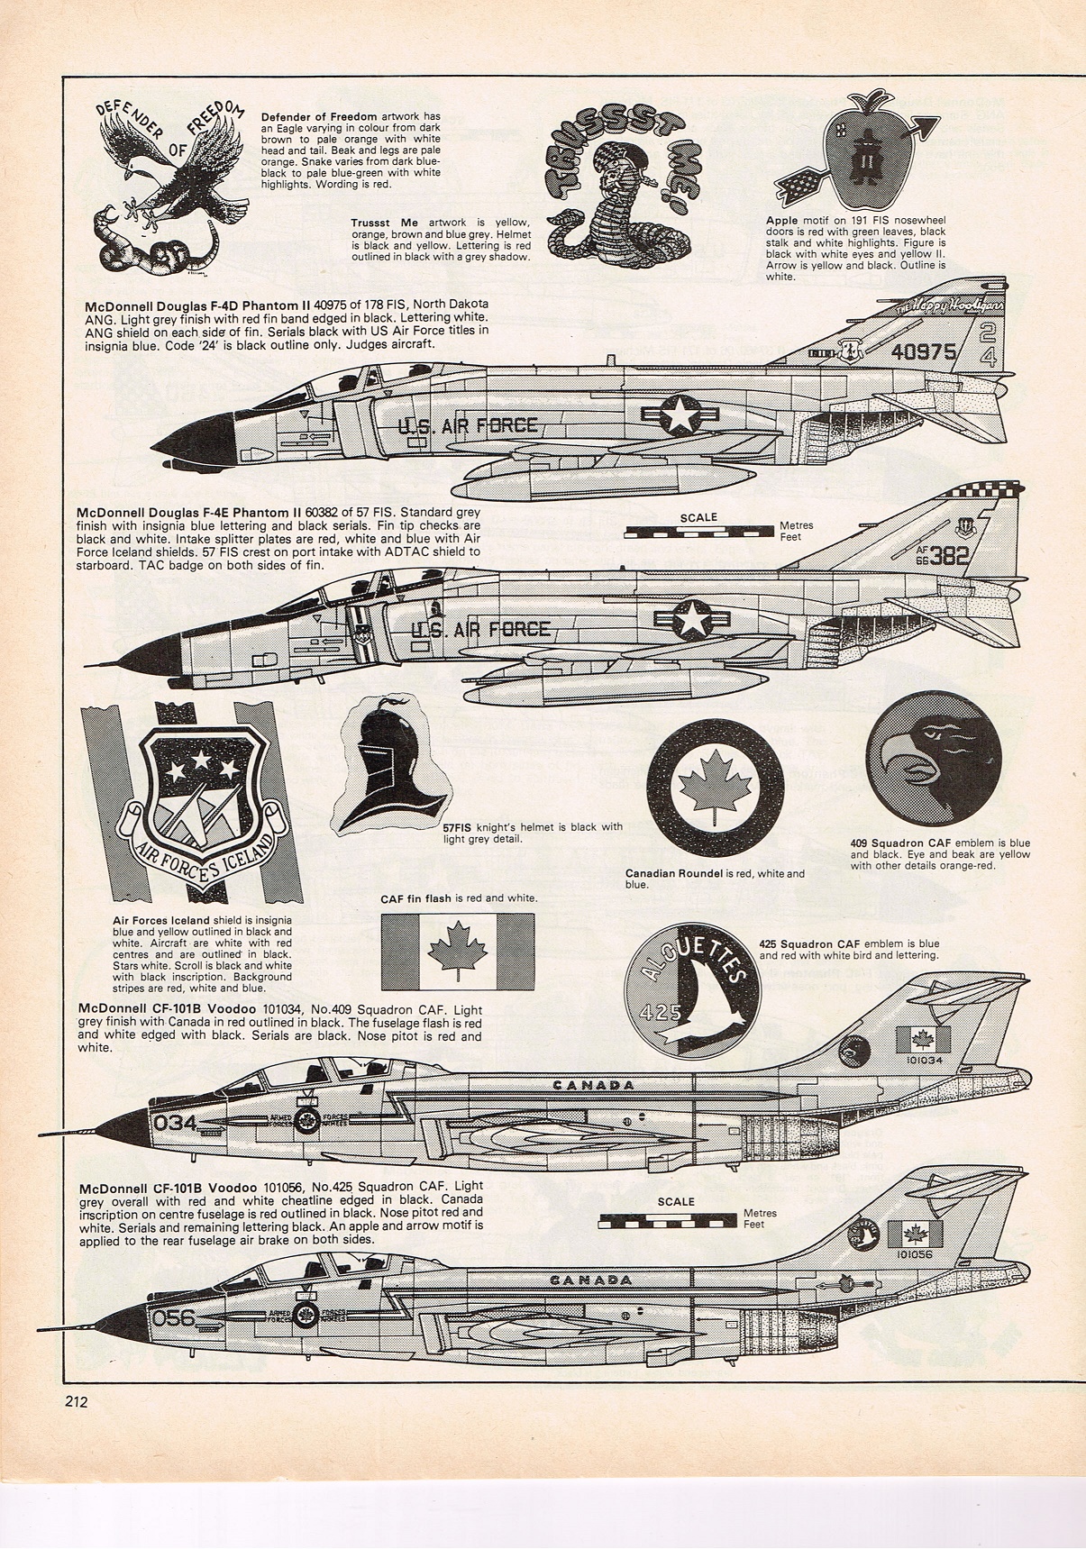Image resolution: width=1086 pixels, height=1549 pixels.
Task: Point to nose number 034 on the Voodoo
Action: tap(175, 1123)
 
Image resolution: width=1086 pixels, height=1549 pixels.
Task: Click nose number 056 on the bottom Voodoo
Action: tap(174, 1317)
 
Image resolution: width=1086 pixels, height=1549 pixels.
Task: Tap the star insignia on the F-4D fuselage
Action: tap(678, 415)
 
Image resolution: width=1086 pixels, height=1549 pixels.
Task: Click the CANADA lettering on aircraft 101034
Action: tap(593, 1085)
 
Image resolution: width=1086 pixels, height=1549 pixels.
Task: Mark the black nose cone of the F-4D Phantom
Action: tap(193, 442)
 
